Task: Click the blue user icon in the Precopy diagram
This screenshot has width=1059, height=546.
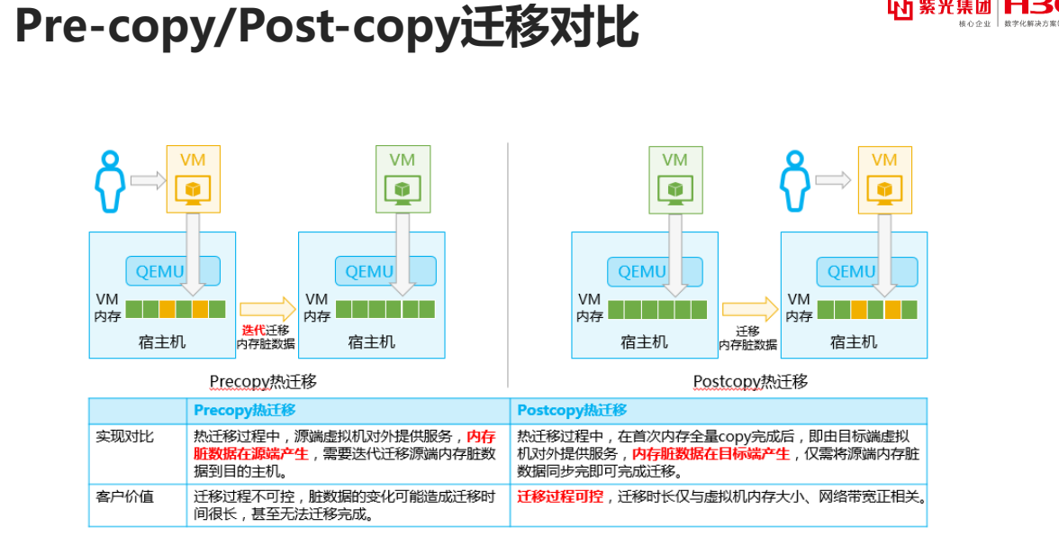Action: tap(109, 182)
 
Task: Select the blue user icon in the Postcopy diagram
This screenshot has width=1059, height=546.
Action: tap(794, 182)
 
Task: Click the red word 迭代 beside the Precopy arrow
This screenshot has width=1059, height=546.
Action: tap(253, 331)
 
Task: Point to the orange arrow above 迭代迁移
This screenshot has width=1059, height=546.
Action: tap(267, 309)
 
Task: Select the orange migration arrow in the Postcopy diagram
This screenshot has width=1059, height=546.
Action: tap(749, 309)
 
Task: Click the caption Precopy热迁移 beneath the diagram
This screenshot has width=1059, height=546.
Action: tap(263, 382)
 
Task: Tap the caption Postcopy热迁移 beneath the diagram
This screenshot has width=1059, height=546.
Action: tap(750, 382)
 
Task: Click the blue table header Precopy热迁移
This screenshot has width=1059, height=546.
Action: tap(245, 410)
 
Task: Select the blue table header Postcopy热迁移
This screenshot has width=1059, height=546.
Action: tap(572, 410)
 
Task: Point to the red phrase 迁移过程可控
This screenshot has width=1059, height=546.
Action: tap(560, 496)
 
